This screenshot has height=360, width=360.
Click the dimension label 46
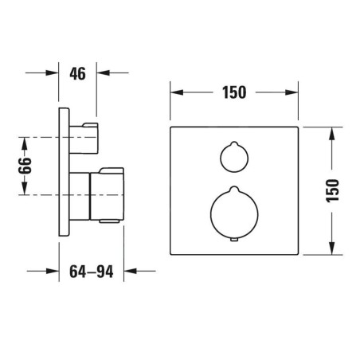point(78,73)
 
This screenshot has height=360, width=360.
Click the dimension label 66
point(25,166)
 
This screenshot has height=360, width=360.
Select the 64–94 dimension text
point(92,272)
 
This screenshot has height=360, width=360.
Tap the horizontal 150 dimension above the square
point(234,92)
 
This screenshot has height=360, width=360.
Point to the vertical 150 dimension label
point(333,190)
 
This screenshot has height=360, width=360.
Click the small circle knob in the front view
point(234,157)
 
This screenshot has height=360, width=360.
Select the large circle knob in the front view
point(234,213)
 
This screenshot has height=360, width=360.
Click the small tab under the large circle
point(234,240)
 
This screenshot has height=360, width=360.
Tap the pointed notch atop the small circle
point(234,143)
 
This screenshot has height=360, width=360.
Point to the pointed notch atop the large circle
point(234,188)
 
